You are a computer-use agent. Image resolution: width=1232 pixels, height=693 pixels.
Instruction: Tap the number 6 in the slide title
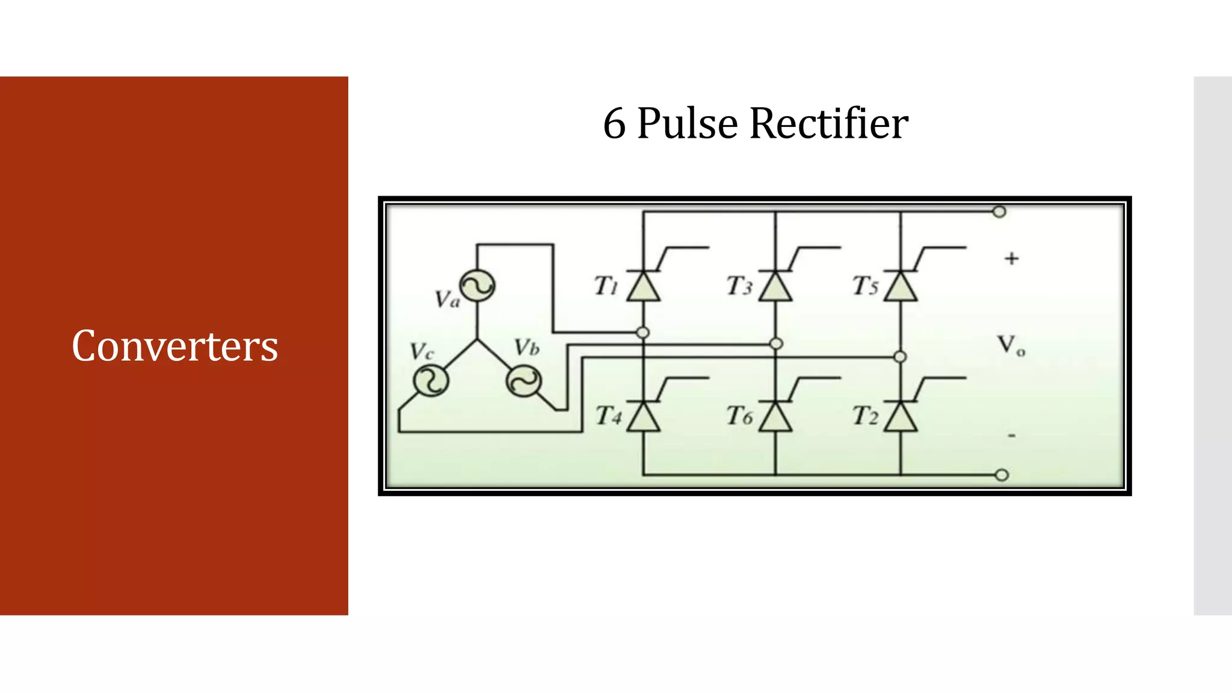pyautogui.click(x=614, y=125)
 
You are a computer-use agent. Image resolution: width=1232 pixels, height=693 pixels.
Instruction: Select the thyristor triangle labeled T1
pyautogui.click(x=643, y=288)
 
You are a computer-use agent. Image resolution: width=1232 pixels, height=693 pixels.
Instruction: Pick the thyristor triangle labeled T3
pyautogui.click(x=775, y=288)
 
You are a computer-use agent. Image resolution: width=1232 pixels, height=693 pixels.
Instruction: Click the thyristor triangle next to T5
pyautogui.click(x=901, y=288)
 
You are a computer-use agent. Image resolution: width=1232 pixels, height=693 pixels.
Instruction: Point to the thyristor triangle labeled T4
pyautogui.click(x=643, y=417)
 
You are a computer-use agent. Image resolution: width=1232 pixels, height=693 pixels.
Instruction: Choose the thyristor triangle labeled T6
pyautogui.click(x=775, y=417)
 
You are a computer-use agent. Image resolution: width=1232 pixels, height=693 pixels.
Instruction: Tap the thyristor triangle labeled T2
pyautogui.click(x=901, y=417)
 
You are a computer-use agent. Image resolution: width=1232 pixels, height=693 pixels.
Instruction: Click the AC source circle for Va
pyautogui.click(x=478, y=286)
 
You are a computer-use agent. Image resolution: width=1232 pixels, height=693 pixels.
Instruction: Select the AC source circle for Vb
pyautogui.click(x=523, y=382)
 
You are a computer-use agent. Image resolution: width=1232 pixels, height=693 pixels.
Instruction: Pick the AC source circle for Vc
pyautogui.click(x=431, y=381)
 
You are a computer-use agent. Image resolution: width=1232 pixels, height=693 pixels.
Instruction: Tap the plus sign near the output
pyautogui.click(x=1011, y=259)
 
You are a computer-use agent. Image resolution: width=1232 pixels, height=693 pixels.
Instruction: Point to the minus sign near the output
pyautogui.click(x=1012, y=435)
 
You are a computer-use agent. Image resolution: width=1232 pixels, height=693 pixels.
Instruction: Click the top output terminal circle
pyautogui.click(x=999, y=212)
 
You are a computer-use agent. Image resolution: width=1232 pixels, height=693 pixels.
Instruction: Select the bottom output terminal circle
pyautogui.click(x=1002, y=475)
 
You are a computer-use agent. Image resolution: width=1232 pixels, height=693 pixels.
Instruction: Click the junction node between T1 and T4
pyautogui.click(x=643, y=333)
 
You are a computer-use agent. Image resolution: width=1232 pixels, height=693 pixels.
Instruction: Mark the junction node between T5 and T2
pyautogui.click(x=900, y=357)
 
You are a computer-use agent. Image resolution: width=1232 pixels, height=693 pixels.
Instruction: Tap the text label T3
pyautogui.click(x=739, y=286)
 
